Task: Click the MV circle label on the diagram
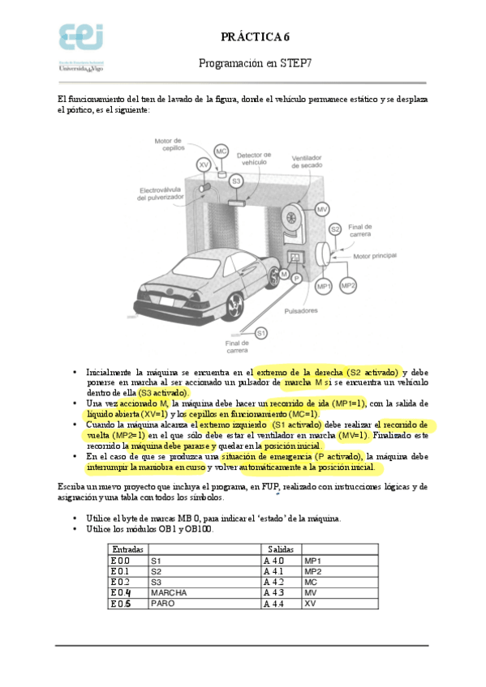click(322, 210)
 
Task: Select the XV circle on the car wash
click(204, 164)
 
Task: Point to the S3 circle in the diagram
click(236, 181)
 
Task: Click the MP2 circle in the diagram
click(348, 285)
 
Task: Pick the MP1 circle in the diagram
click(324, 286)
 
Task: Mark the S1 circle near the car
click(260, 333)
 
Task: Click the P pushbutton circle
click(297, 279)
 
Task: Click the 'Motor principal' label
click(376, 255)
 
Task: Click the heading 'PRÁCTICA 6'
click(255, 37)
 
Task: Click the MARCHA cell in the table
click(169, 592)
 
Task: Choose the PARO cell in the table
click(161, 604)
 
